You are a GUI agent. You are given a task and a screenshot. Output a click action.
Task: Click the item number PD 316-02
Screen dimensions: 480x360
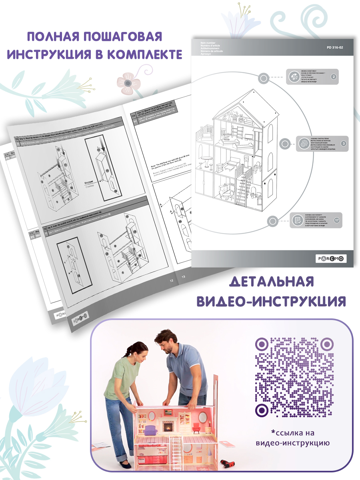coord(335,47)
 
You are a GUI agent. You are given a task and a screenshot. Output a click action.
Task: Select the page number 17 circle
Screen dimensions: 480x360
coord(336,220)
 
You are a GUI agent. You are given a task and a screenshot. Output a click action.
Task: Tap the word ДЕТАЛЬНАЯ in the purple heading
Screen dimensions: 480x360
coord(271,282)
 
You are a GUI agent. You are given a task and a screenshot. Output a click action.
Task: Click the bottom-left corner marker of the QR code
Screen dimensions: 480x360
coord(262,410)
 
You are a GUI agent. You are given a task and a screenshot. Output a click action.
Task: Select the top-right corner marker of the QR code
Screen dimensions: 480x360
coord(327,344)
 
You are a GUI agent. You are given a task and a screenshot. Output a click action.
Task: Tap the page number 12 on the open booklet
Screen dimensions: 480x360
coord(171,281)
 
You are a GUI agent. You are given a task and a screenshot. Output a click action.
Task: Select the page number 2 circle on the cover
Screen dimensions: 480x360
coord(333,76)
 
